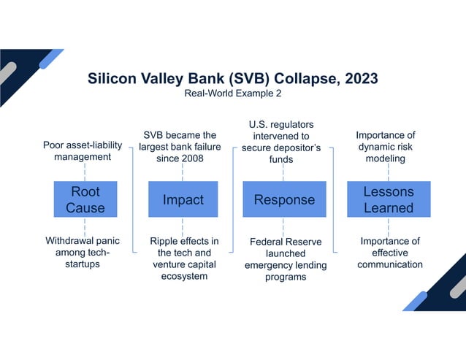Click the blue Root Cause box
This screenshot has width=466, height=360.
coord(85,199)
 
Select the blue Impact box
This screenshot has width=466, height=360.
coord(183,199)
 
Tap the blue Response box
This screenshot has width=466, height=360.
coord(283,199)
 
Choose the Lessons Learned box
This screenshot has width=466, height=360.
coord(388,199)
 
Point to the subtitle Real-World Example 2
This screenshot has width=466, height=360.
coord(232,94)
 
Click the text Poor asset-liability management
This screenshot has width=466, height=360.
coord(82,150)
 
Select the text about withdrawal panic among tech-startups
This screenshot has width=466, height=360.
coord(82,252)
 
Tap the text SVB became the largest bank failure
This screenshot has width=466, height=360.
coord(182,147)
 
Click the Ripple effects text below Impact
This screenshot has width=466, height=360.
coord(183,258)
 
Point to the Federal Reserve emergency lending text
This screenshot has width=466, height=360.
coord(285,259)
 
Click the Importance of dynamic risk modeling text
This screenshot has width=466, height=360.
coord(386,147)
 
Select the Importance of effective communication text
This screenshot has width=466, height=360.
coord(389,253)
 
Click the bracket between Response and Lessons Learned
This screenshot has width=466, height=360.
coord(333,199)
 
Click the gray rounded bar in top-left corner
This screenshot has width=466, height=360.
coord(8,72)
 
